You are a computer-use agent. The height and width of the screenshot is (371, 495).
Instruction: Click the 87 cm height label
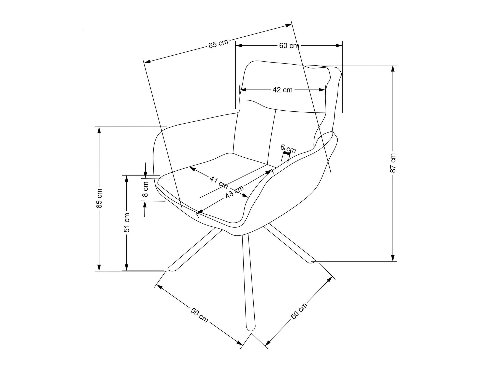pyautogui.click(x=393, y=163)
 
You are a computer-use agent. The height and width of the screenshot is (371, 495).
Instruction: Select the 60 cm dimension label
pyautogui.click(x=289, y=46)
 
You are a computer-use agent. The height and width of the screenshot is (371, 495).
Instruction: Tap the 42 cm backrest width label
pyautogui.click(x=282, y=90)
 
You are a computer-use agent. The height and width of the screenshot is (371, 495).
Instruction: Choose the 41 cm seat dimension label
pyautogui.click(x=219, y=182)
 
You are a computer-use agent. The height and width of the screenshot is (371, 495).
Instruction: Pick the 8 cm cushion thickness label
pyautogui.click(x=145, y=189)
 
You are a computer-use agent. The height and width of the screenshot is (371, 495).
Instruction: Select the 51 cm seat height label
pyautogui.click(x=127, y=222)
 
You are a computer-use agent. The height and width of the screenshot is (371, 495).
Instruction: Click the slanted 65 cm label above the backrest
pyautogui.click(x=218, y=44)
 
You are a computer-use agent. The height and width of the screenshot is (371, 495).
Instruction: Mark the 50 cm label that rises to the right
pyautogui.click(x=299, y=311)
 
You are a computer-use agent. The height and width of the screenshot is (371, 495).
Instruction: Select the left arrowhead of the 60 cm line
pyautogui.click(x=239, y=46)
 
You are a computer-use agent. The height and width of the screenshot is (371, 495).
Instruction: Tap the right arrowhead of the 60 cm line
pyautogui.click(x=339, y=46)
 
